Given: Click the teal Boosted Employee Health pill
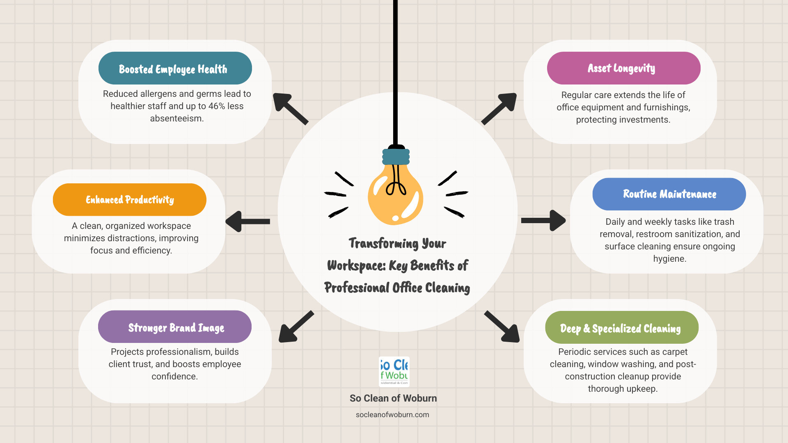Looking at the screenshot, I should (x=175, y=69).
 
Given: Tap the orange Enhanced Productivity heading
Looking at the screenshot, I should (x=130, y=200).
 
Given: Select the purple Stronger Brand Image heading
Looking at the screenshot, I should (x=175, y=327).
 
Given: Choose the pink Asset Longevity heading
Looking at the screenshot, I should (x=623, y=68).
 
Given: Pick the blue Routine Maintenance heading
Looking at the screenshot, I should (x=669, y=194).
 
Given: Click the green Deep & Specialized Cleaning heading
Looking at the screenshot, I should (x=621, y=328).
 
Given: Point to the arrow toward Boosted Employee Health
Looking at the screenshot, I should (x=290, y=108).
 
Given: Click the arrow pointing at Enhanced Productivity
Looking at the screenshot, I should (x=248, y=221).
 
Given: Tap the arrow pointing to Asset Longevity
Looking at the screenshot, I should (x=499, y=108).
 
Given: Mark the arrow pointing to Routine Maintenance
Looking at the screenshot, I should (x=543, y=221).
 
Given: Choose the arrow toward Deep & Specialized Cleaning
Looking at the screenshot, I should (x=502, y=327).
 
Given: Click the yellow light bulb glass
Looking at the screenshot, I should (x=395, y=197).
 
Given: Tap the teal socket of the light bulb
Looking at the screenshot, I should (x=396, y=157).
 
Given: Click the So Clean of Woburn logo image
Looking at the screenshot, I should (x=394, y=372).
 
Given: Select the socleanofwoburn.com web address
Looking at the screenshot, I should (x=392, y=415).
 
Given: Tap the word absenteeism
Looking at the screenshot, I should (x=176, y=119).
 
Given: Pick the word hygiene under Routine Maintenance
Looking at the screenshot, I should (x=669, y=259).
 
